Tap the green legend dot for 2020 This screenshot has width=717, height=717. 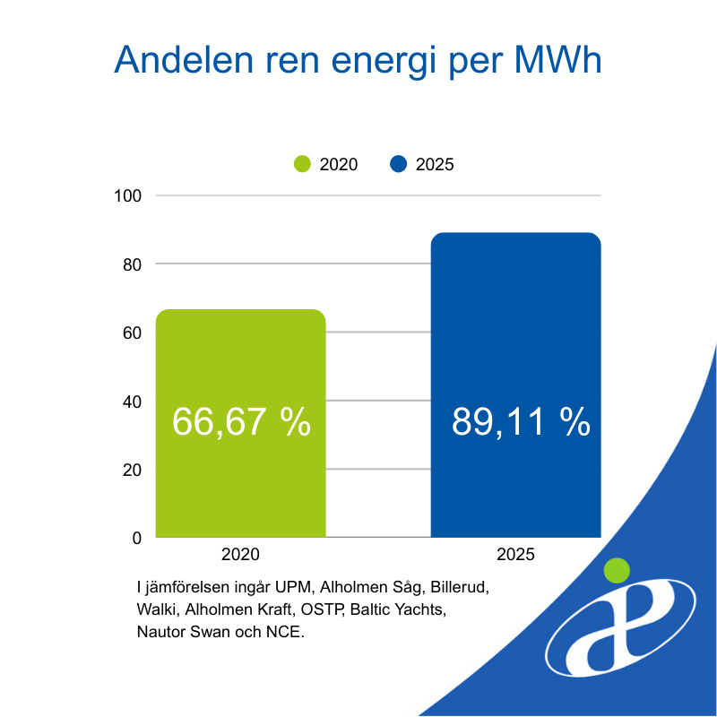click(x=303, y=164)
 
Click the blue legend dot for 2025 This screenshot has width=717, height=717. click(x=400, y=164)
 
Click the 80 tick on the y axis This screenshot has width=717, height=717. click(x=133, y=264)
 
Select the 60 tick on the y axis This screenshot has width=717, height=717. click(x=133, y=333)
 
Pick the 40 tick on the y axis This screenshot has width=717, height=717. click(x=133, y=402)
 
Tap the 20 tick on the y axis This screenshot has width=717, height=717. click(x=133, y=470)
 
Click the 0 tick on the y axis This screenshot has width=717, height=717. click(x=137, y=538)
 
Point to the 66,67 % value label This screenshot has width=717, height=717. click(x=240, y=422)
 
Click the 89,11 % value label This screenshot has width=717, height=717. click(x=521, y=422)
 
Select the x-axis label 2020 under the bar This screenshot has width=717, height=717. click(x=240, y=555)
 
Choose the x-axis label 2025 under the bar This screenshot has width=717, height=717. click(x=514, y=555)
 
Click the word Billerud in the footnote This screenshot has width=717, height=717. click(x=460, y=589)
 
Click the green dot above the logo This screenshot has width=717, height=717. click(x=617, y=569)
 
